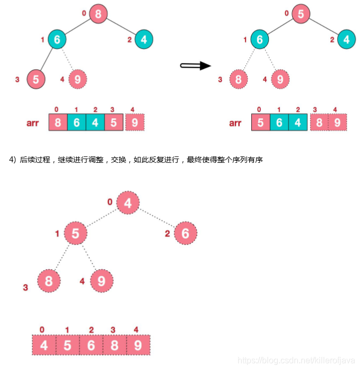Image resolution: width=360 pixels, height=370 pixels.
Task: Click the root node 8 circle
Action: click(x=99, y=13)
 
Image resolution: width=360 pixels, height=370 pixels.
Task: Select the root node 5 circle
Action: click(x=301, y=13)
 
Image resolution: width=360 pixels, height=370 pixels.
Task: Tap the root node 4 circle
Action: click(x=128, y=202)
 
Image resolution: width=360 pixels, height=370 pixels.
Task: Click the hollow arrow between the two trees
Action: click(x=195, y=65)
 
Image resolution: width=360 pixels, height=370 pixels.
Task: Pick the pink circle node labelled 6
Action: click(x=185, y=233)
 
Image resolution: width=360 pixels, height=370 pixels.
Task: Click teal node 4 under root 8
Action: click(x=144, y=39)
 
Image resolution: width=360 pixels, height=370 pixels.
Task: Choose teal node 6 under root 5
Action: click(x=259, y=39)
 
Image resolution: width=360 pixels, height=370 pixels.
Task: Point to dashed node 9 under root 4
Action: click(x=101, y=280)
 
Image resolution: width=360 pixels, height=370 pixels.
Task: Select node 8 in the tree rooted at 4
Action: click(x=48, y=280)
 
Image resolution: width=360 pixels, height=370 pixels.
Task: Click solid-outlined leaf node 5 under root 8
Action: click(x=36, y=79)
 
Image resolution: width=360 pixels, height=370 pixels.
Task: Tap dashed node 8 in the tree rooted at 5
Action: click(x=239, y=80)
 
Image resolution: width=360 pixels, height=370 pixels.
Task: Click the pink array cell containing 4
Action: click(x=43, y=346)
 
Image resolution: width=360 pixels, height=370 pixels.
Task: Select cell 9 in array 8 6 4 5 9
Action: click(x=135, y=123)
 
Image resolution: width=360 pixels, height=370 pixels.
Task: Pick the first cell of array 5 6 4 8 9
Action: click(x=261, y=123)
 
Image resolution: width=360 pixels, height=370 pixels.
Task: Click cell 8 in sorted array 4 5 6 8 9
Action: click(x=113, y=346)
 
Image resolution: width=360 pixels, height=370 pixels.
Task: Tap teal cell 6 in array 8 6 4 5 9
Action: click(x=76, y=123)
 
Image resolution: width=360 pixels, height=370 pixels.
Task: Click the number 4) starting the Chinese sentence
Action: click(x=13, y=160)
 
